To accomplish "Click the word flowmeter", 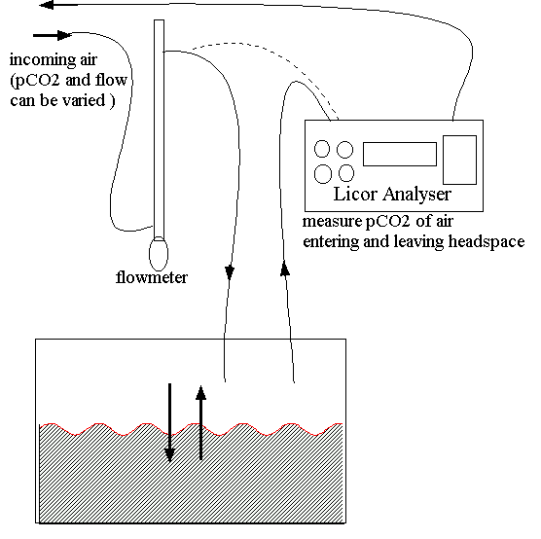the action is pos(152,277).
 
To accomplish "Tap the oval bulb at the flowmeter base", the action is pos(159,254).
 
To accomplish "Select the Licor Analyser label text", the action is pos(392,195).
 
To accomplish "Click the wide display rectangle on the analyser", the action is pos(400,154).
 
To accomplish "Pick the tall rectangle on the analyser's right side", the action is pos(459,160).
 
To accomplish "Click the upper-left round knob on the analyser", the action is pos(322,149).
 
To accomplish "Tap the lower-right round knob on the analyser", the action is pos(346,173).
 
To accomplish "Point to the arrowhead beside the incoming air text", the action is pos(64,35).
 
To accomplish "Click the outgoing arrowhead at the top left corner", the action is pos(47,5).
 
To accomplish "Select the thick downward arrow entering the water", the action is pos(169,422).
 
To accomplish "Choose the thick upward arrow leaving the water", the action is pos(200,422).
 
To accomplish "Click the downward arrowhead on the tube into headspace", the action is pos(230,272).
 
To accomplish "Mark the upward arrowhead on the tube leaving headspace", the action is pos(285,269).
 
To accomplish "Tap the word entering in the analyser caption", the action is pos(331,242).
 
